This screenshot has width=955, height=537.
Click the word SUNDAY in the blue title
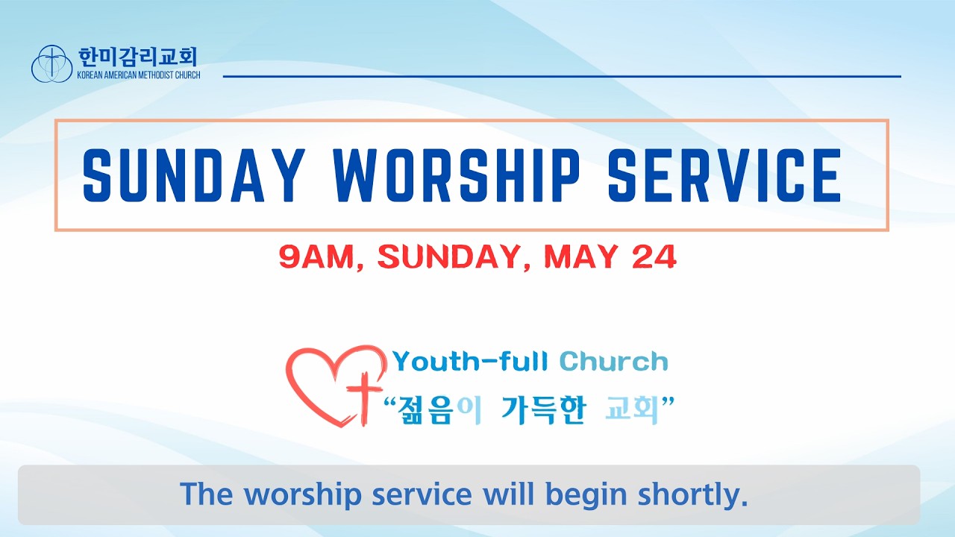click(194, 175)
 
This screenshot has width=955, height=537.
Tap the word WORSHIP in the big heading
click(456, 175)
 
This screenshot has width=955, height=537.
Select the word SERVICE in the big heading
click(724, 175)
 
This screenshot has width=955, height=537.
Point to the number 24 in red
click(654, 257)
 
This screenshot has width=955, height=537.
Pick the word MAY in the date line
click(581, 257)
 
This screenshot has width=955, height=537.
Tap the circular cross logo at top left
click(51, 64)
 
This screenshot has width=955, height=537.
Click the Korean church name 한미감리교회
click(138, 57)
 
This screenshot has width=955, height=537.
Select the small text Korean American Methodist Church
click(139, 75)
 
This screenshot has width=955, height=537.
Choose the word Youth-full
click(470, 362)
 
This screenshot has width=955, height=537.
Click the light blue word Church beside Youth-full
click(613, 362)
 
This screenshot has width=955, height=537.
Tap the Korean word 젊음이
click(439, 410)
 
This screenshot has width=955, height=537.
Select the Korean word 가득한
click(543, 410)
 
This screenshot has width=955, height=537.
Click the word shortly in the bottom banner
click(693, 494)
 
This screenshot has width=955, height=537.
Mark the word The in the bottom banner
click(207, 494)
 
